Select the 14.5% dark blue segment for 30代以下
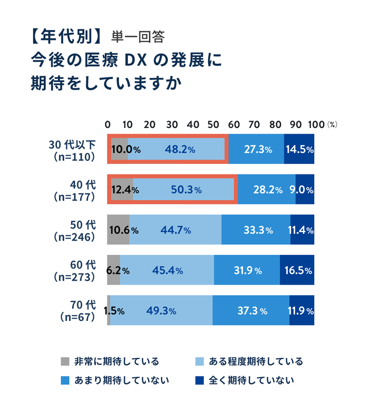click(299, 149)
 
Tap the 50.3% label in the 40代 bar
click(186, 190)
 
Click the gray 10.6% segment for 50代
click(118, 230)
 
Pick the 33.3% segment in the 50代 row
click(258, 230)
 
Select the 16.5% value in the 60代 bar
click(297, 271)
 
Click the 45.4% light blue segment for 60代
click(167, 271)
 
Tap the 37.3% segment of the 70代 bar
click(251, 311)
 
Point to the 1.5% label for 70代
click(114, 311)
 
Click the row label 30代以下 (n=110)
click(72, 150)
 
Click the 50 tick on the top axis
click(214, 125)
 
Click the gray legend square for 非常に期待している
click(64, 362)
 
